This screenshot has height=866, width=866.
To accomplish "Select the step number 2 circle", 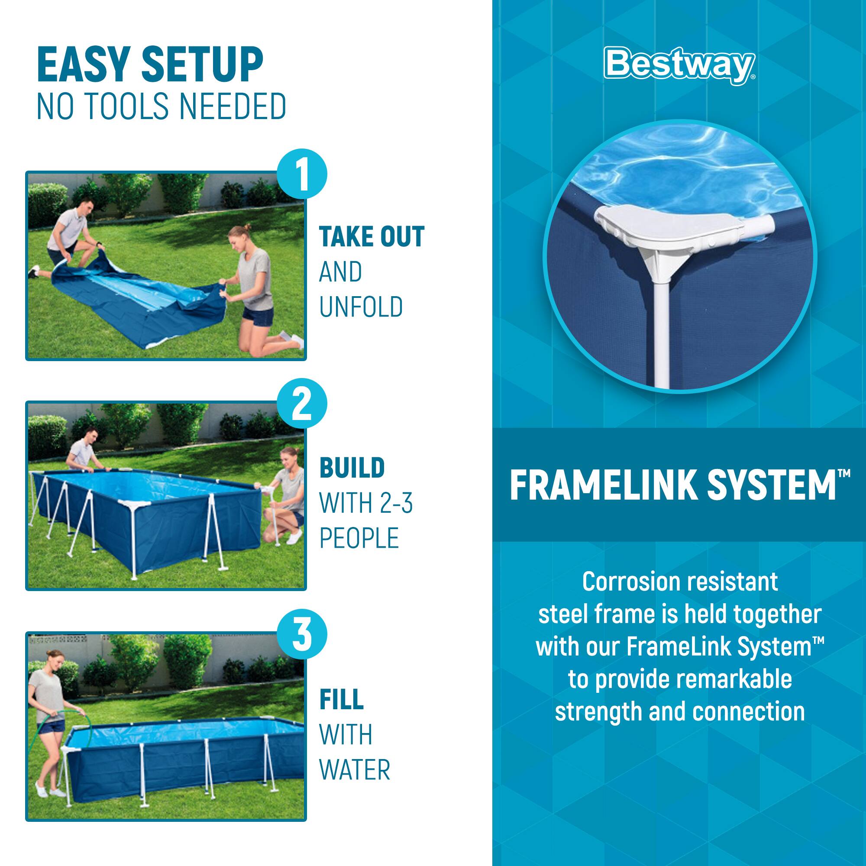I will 302,404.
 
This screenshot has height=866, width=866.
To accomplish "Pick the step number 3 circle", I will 302,635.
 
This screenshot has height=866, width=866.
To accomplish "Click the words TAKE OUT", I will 371,237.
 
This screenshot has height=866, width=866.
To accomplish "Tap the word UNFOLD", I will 361,307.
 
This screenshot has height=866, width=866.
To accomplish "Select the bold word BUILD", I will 352,468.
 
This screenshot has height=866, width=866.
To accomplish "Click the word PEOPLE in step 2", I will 359,538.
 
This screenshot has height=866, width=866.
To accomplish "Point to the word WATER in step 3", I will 355,769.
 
